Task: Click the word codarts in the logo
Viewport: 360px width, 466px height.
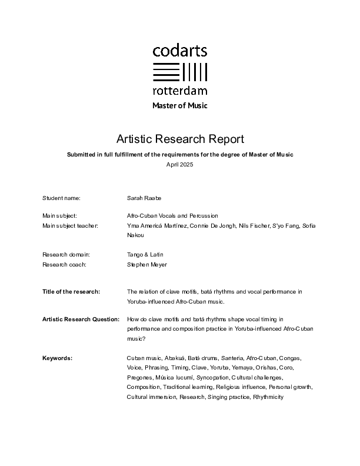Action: click(180, 51)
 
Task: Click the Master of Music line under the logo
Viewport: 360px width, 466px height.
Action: click(180, 106)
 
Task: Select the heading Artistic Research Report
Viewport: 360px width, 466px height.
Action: click(180, 139)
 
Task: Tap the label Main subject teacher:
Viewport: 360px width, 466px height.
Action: click(71, 225)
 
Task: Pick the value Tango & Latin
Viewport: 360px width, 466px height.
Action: click(145, 255)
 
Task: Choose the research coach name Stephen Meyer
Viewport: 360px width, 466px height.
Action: click(147, 264)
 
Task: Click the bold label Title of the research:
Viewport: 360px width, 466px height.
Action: click(71, 292)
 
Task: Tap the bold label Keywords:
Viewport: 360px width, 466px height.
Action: click(57, 358)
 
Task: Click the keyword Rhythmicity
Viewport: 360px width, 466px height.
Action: click(268, 397)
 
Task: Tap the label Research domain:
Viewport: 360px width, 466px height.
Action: click(66, 255)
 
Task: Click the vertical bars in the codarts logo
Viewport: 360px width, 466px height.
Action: click(195, 72)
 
